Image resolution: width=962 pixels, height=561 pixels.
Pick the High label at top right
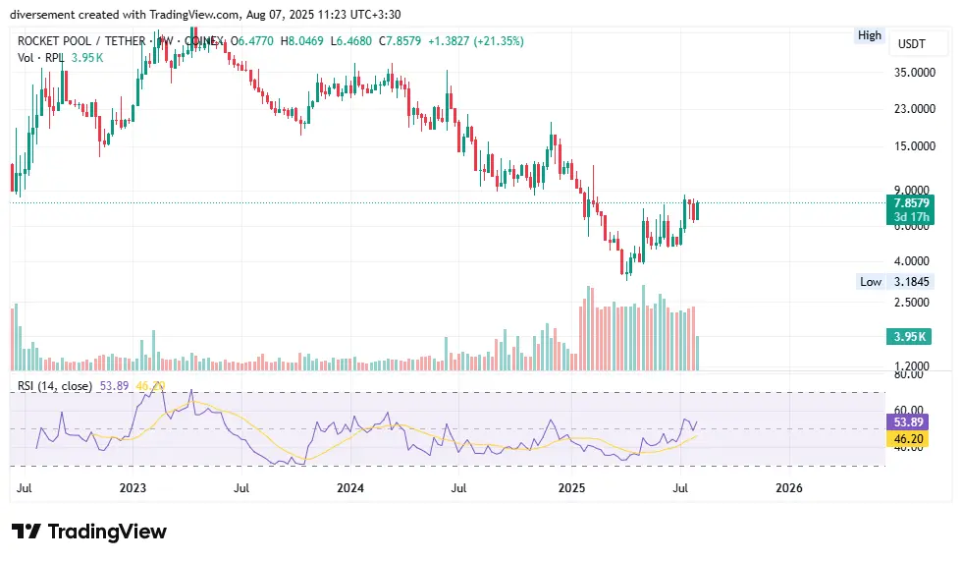point(870,35)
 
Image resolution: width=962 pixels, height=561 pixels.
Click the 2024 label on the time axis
point(349,487)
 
